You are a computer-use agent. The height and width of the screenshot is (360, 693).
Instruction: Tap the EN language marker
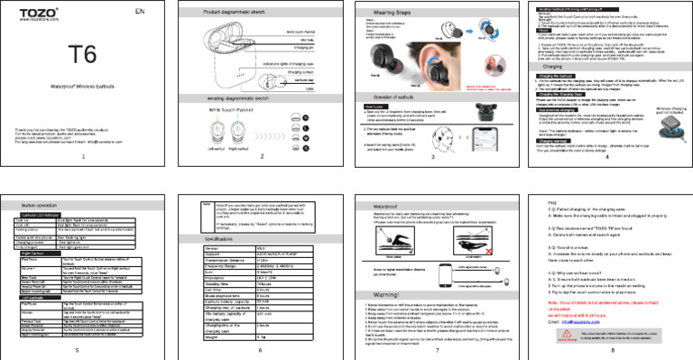click(138, 12)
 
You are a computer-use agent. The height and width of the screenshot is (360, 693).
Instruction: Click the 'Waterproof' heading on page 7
click(385, 205)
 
